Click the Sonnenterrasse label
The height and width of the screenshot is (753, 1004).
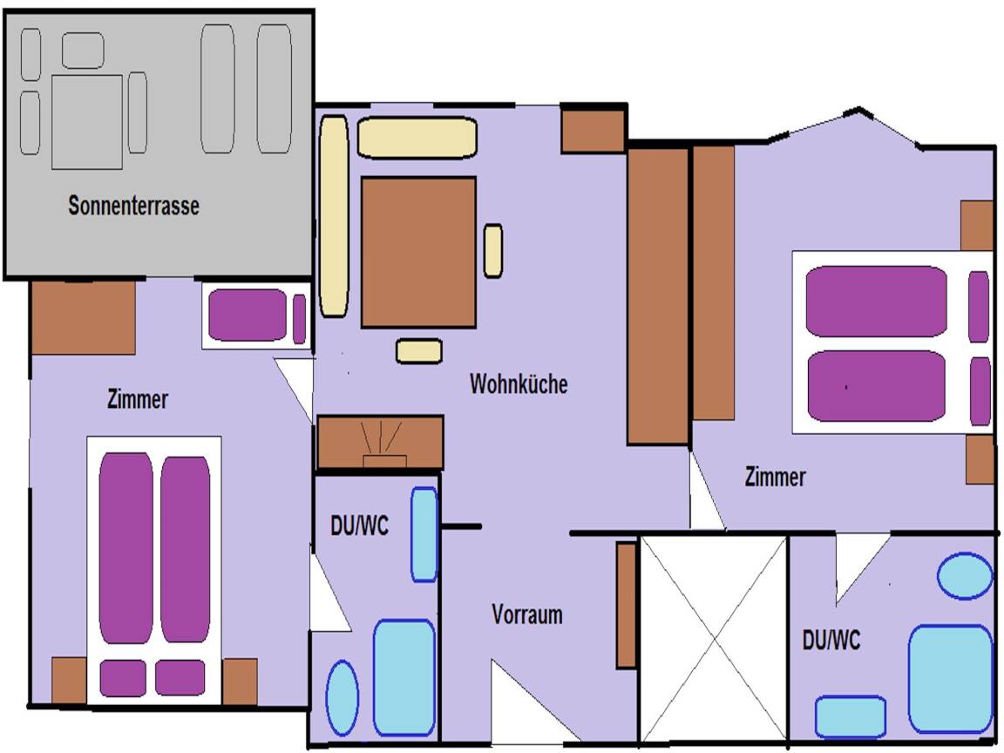tap(133, 207)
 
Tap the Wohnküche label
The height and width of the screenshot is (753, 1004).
tap(519, 383)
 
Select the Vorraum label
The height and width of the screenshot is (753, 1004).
tap(527, 614)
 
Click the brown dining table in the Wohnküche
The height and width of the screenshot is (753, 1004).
tap(418, 252)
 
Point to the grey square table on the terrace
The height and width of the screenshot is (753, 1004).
tap(87, 122)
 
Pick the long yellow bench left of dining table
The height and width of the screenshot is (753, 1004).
tap(334, 215)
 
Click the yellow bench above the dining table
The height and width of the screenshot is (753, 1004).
tap(417, 138)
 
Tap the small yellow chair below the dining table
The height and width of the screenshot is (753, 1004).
tap(418, 350)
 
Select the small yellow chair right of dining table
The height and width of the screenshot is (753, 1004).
tap(493, 251)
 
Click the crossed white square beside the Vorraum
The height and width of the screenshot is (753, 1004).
tap(714, 639)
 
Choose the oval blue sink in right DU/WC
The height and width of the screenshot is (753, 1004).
tap(965, 576)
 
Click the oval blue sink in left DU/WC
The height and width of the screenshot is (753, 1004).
tap(342, 697)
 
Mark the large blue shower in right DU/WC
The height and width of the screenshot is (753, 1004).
tap(951, 678)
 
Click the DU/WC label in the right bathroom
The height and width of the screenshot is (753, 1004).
tap(831, 641)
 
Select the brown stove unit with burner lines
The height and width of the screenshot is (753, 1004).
tap(380, 443)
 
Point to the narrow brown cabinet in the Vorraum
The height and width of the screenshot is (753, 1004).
tap(627, 606)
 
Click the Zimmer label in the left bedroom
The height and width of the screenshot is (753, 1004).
tap(138, 400)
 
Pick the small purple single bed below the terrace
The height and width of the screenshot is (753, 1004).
tap(249, 315)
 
